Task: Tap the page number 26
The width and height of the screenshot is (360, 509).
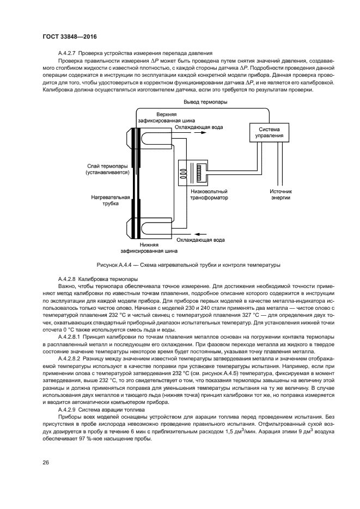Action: [46, 462]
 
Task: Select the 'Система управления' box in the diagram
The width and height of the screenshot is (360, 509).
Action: [271, 132]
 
